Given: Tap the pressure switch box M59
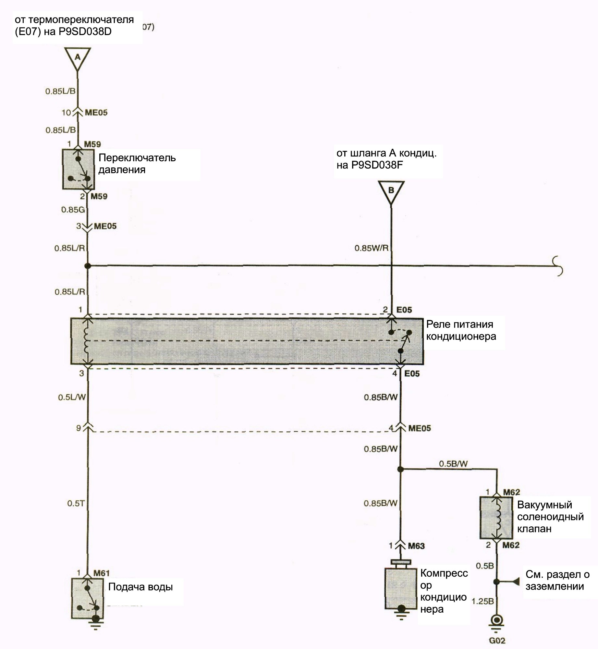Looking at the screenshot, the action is point(78,169).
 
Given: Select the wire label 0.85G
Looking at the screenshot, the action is point(73,210).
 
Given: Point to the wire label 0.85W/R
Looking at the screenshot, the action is point(371,248).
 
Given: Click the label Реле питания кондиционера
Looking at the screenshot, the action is point(461,330).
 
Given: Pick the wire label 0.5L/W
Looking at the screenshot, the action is point(72,397).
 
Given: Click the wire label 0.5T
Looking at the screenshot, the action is point(76,503).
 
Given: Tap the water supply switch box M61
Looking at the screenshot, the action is point(88,598).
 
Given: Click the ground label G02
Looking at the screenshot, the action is point(497,641).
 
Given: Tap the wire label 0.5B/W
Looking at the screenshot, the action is point(453,464).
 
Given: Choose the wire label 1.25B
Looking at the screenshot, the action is point(482,601).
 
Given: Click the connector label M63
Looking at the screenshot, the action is point(416,546).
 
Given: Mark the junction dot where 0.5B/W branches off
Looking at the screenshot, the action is point(400,469).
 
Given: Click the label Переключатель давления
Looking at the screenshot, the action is point(137,164).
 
